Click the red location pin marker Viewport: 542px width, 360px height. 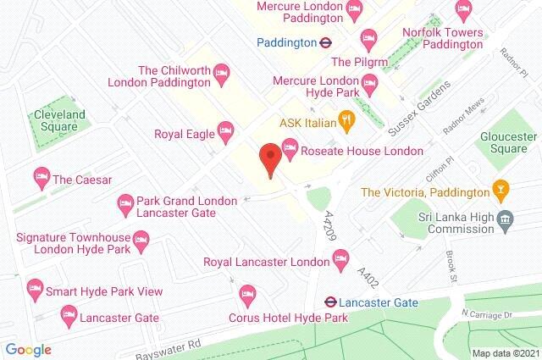pyautogui.click(x=270, y=159)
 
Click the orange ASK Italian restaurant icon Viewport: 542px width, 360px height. pyautogui.click(x=346, y=121)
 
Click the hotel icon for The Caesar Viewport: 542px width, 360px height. pyautogui.click(x=40, y=179)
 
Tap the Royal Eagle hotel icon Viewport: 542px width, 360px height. pyautogui.click(x=224, y=131)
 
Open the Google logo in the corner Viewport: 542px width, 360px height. pyautogui.click(x=28, y=350)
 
